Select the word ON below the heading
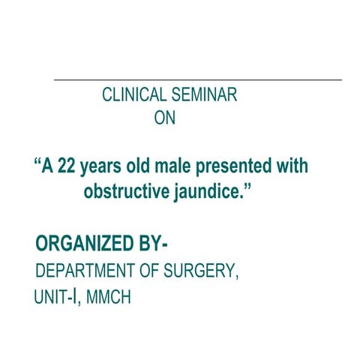pyautogui.click(x=163, y=118)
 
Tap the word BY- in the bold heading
pyautogui.click(x=155, y=244)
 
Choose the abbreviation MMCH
pyautogui.click(x=109, y=297)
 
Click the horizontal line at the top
pyautogui.click(x=197, y=79)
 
